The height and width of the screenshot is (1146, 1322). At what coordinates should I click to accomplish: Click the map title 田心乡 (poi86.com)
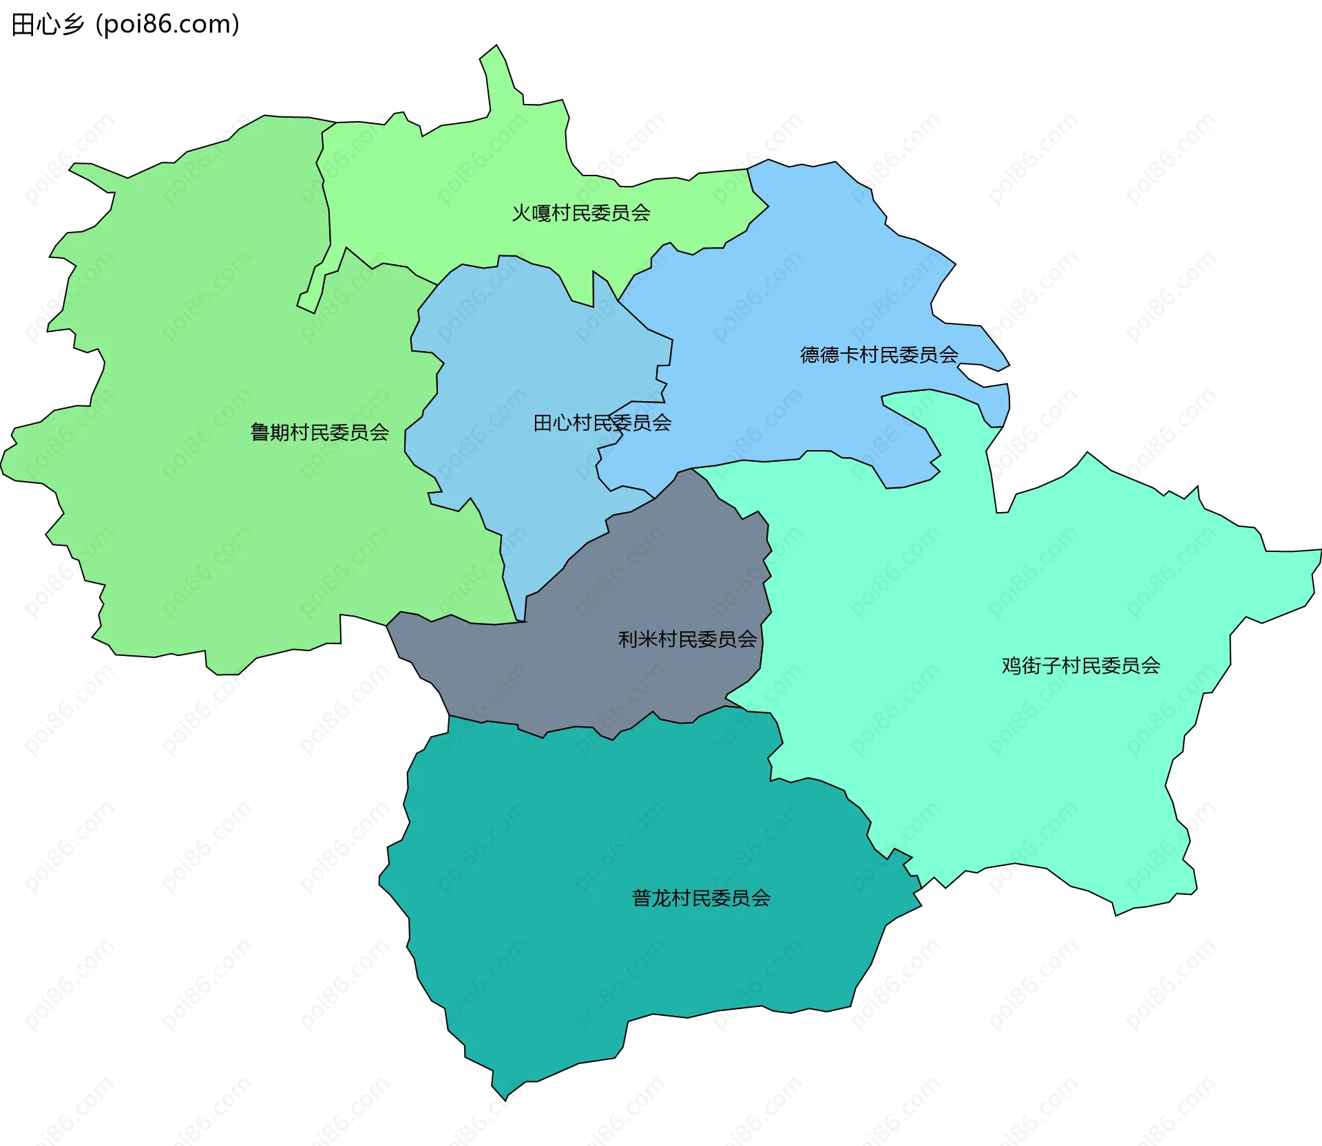coord(125,25)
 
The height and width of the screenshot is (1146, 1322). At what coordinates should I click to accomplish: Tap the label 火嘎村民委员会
coord(581,213)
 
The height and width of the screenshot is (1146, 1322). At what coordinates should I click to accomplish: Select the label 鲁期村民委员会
coord(319,432)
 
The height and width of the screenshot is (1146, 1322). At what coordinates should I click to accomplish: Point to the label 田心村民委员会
coord(602,423)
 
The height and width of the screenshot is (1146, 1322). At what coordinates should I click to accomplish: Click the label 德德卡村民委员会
coord(879,355)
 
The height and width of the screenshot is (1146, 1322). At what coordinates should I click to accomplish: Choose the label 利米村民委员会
coord(687,639)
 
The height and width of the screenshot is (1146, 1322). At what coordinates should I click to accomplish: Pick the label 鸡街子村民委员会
coord(1081,666)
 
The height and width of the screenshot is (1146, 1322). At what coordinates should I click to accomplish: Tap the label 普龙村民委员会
coord(701,898)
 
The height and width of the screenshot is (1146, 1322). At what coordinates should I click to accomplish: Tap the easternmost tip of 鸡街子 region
coord(1316,554)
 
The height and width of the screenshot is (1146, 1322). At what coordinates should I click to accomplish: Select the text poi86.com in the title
coord(168,25)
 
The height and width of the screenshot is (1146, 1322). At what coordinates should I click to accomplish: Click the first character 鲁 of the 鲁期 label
coord(260,432)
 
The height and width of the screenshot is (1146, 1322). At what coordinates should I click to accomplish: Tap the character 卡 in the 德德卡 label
coord(849,355)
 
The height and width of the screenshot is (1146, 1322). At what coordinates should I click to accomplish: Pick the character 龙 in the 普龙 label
coord(662,898)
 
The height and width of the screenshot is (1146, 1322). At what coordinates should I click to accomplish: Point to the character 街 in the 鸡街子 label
coord(1031,666)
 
